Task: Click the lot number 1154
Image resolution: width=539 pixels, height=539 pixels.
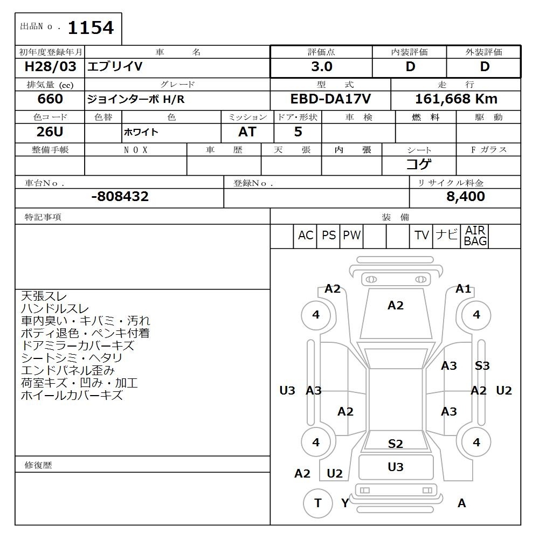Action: pyautogui.click(x=91, y=28)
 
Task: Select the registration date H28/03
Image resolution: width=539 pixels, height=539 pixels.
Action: pyautogui.click(x=50, y=66)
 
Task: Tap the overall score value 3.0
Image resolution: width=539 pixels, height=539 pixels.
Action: pyautogui.click(x=322, y=67)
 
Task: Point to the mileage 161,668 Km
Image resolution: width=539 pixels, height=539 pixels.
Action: pyautogui.click(x=456, y=99)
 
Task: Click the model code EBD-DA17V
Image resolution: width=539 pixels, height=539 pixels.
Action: pyautogui.click(x=331, y=99)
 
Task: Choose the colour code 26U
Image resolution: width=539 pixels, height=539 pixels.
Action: pyautogui.click(x=50, y=132)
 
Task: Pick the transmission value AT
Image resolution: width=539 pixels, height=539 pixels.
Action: pyautogui.click(x=247, y=132)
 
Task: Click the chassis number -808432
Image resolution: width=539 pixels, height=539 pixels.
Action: pyautogui.click(x=120, y=196)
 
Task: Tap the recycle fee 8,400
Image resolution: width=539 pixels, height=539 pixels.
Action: pyautogui.click(x=466, y=196)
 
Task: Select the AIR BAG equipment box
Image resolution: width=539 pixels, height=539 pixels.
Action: pyautogui.click(x=475, y=236)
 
